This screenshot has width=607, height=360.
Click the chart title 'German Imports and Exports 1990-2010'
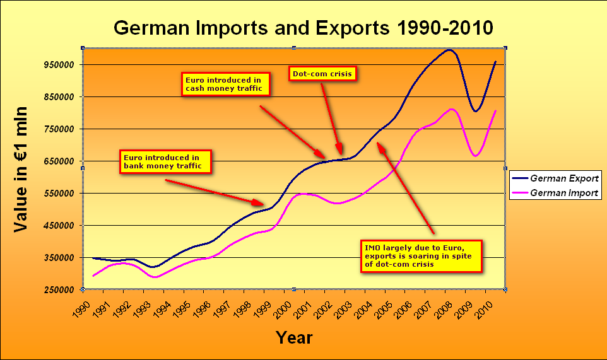coord(303,28)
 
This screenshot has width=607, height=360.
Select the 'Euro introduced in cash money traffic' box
coord(226,84)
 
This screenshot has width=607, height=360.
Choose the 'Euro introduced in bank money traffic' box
coord(165,161)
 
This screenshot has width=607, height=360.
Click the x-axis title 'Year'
coord(294,338)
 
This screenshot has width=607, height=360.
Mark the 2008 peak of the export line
coord(449,50)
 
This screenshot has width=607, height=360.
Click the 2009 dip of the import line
coord(476,155)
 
